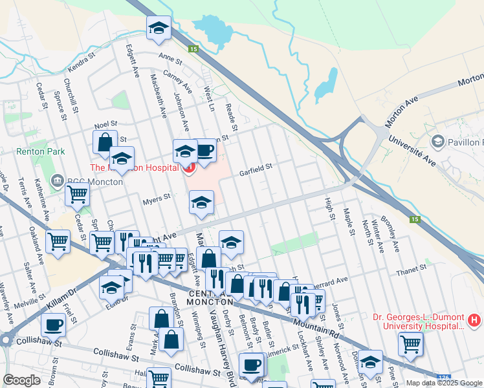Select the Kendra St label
(x=81, y=65)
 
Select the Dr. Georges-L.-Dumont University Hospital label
(x=418, y=321)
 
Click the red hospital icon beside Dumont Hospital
(x=474, y=319)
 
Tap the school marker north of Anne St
(x=159, y=28)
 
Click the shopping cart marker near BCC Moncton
(x=78, y=193)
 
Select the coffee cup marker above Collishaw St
(x=54, y=325)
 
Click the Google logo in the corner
(x=21, y=380)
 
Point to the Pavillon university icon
(x=437, y=142)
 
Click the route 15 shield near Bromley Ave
(x=414, y=220)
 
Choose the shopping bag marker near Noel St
(x=104, y=142)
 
